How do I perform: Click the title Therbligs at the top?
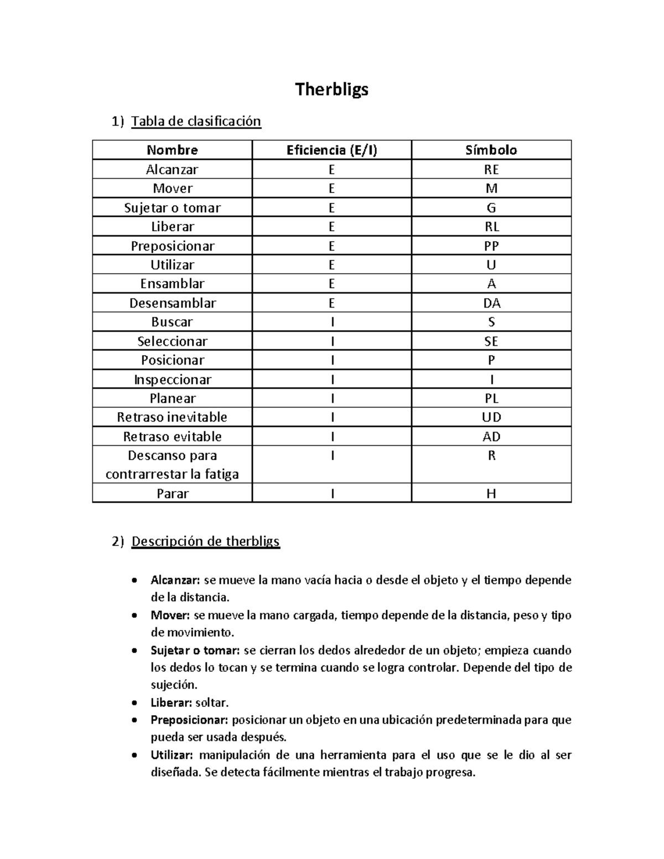[331, 89]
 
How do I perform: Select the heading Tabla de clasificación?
[196, 121]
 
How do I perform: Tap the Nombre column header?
[172, 150]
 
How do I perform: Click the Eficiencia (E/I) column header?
[331, 150]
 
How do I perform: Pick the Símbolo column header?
[491, 150]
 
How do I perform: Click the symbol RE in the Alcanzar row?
[491, 169]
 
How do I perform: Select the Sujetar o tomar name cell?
[172, 207]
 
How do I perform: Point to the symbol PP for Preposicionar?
[491, 246]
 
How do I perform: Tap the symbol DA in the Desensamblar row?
[491, 303]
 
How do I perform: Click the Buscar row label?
[172, 322]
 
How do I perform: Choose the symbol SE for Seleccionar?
[491, 341]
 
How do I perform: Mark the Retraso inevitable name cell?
[172, 417]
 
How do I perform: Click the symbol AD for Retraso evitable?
[491, 436]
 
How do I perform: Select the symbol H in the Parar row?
[491, 493]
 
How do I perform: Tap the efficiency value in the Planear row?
[332, 398]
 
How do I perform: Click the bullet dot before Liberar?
[134, 703]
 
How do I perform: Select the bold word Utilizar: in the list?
[172, 755]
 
